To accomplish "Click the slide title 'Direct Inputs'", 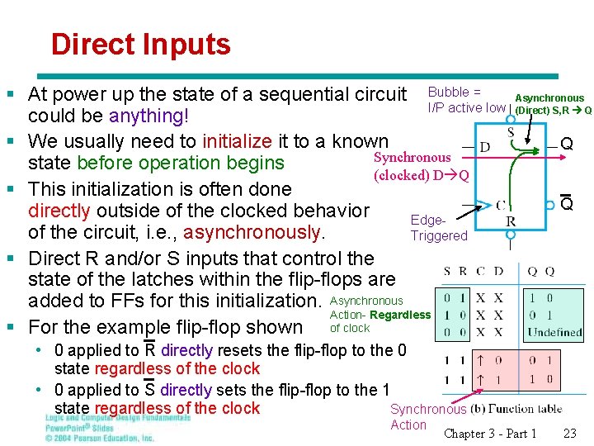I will point(140,44).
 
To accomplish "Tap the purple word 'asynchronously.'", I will point(255,231).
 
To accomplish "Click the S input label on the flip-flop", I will point(511,132).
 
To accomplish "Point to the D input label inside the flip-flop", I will point(485,147).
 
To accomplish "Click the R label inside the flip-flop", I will point(511,221).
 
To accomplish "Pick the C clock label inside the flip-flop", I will point(500,204).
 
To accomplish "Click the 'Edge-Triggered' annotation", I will point(438,228).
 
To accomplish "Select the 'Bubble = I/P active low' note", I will point(466,100).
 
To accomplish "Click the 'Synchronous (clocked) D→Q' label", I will point(421,166).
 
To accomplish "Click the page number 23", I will point(569,434).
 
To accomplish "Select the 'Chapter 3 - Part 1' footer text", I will point(490,434).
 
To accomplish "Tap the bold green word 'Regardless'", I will point(400,315).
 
